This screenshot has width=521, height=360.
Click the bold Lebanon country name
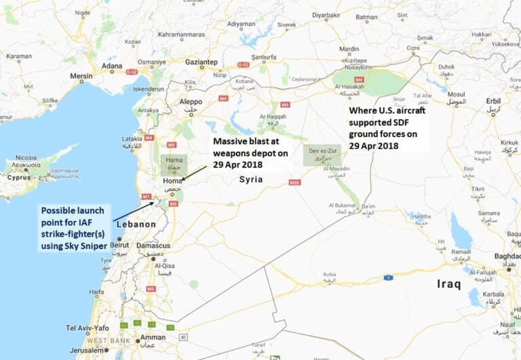(136, 224)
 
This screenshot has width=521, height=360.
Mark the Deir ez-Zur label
(322, 153)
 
